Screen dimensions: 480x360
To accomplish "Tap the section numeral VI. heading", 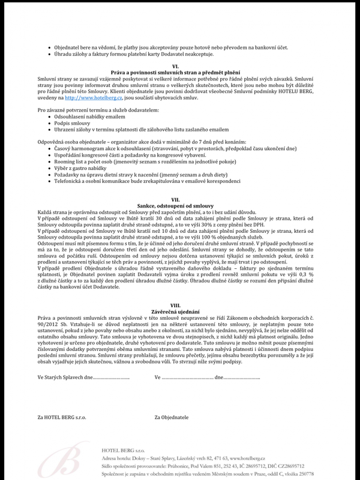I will pyautogui.click(x=175, y=66).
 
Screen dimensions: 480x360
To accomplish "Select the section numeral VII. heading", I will pyautogui.click(x=175, y=200).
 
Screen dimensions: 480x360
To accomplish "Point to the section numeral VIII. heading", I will pyautogui.click(x=175, y=305).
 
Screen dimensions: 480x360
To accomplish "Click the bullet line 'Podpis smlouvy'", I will pyautogui.click(x=71, y=124).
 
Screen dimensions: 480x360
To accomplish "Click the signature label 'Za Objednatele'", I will pyautogui.click(x=172, y=416).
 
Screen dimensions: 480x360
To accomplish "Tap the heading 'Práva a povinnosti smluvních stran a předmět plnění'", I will pyautogui.click(x=175, y=72).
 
